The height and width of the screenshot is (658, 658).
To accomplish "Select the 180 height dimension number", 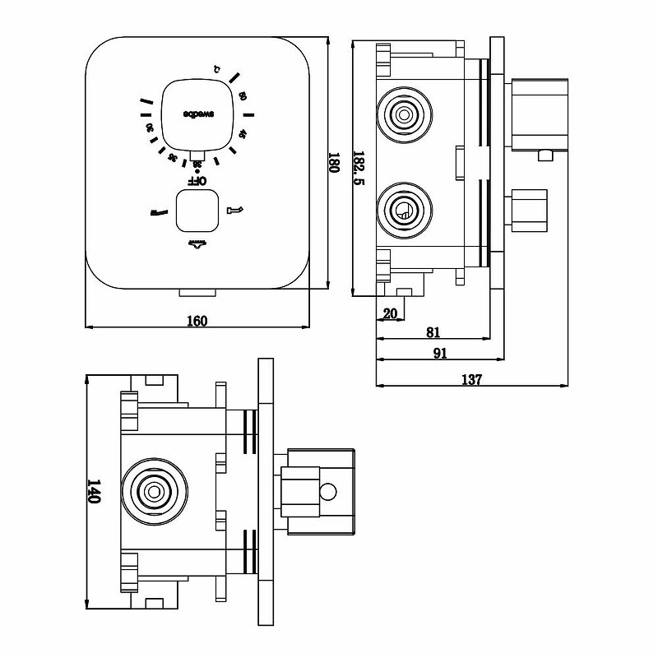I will (x=334, y=164).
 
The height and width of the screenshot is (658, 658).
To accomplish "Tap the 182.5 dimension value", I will (x=359, y=168).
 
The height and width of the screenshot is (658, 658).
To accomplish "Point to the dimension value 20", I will (x=389, y=313).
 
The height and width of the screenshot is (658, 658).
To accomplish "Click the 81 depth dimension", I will (x=434, y=332).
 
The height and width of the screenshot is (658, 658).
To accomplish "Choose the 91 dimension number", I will (x=439, y=354).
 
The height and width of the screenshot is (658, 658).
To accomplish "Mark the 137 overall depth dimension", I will (x=471, y=379).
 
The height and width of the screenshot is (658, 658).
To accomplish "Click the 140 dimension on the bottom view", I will (x=94, y=492).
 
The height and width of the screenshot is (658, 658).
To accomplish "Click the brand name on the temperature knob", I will (x=197, y=114).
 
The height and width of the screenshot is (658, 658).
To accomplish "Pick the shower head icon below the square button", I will (x=197, y=242).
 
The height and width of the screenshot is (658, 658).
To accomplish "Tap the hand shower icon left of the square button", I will (x=158, y=211).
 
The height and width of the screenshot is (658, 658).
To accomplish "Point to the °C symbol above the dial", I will (x=216, y=68).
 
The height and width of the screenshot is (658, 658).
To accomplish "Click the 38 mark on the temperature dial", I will (x=197, y=164).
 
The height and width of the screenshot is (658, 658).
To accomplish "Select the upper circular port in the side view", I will (x=403, y=114).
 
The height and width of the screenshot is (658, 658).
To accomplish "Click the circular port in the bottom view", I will (x=153, y=492).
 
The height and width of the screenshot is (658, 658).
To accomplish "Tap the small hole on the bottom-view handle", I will (x=328, y=493).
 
